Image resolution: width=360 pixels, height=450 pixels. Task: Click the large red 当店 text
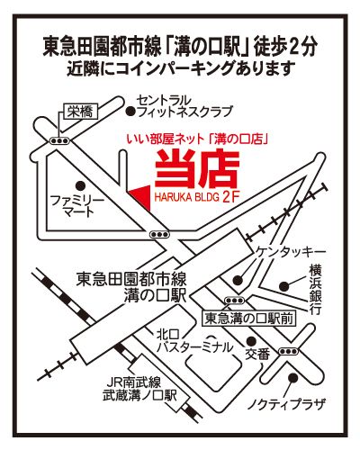tap(197, 170)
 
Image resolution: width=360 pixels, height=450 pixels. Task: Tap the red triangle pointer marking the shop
tap(142, 197)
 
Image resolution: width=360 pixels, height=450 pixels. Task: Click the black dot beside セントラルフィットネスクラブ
tap(130, 112)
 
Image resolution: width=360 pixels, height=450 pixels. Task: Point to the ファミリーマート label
tap(77, 206)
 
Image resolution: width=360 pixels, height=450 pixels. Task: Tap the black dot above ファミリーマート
tap(79, 185)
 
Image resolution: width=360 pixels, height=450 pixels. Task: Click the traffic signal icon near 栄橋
tap(59, 140)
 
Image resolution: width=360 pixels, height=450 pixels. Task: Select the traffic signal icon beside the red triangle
tap(159, 234)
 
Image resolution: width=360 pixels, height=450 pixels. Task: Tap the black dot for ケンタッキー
tap(238, 280)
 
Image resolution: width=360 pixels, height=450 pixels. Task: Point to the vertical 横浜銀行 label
tap(316, 290)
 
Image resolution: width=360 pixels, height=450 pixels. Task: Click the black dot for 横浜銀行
tap(284, 286)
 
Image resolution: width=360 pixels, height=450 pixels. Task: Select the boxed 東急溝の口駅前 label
tap(249, 319)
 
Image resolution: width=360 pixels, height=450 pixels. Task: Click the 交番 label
tap(257, 355)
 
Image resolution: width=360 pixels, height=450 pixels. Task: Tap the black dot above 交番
tap(251, 341)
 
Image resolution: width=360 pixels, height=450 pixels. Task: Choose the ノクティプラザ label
tap(286, 405)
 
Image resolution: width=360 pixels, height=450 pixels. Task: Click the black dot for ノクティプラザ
tap(292, 377)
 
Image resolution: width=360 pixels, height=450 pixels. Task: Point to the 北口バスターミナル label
tap(195, 341)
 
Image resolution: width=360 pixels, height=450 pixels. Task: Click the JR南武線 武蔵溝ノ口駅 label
tap(139, 389)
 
